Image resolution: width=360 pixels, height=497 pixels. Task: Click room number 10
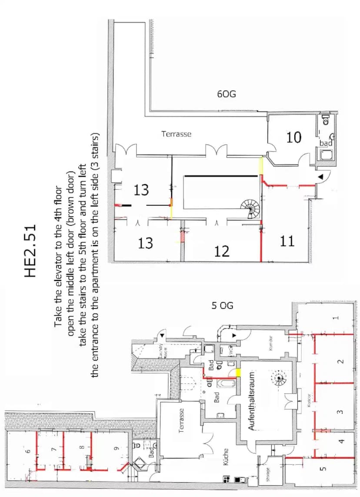[294, 137]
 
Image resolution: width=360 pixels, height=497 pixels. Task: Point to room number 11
[287, 240]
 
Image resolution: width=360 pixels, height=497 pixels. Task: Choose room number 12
[222, 251]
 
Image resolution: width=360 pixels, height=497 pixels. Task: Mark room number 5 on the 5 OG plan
[322, 469]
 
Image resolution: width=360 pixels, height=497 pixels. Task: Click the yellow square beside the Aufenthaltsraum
[238, 373]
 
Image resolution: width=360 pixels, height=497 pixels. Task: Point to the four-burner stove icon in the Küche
[226, 480]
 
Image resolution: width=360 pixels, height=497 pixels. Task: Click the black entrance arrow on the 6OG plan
[320, 177]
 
